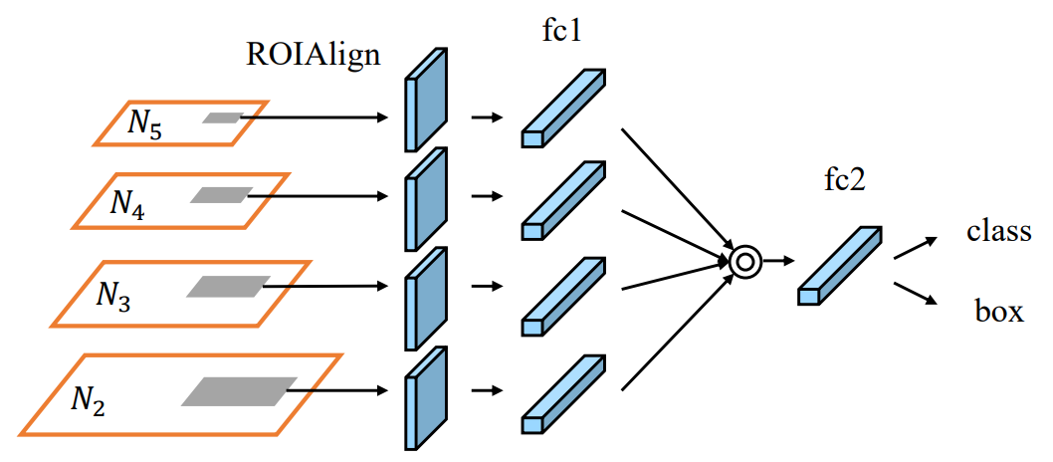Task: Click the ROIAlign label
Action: click(x=313, y=54)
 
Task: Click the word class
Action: click(x=998, y=232)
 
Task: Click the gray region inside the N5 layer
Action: click(x=222, y=117)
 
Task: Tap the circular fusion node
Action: click(x=744, y=262)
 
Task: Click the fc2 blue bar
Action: click(x=840, y=265)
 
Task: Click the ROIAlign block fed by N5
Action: click(x=426, y=100)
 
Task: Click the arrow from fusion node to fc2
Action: click(x=779, y=262)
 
